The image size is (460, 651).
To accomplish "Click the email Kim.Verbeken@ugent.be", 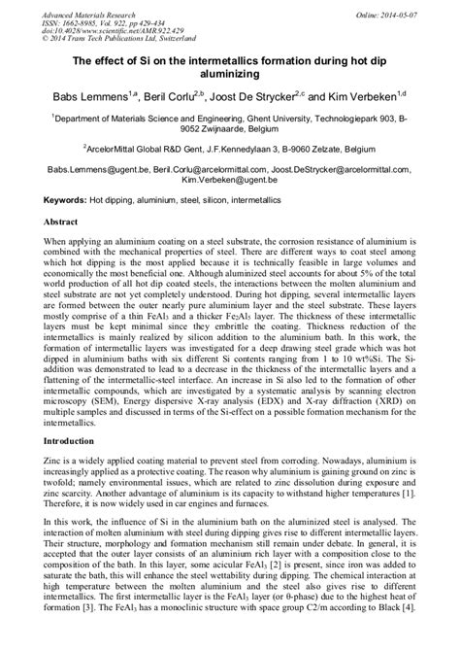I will tap(229, 181).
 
